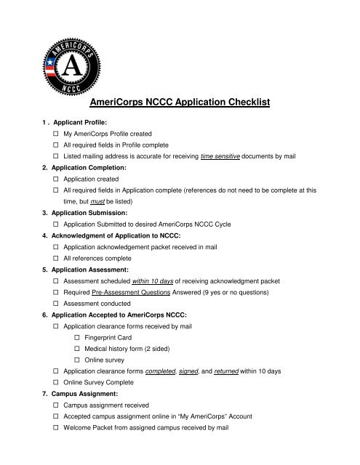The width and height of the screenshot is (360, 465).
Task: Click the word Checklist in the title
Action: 236,103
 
